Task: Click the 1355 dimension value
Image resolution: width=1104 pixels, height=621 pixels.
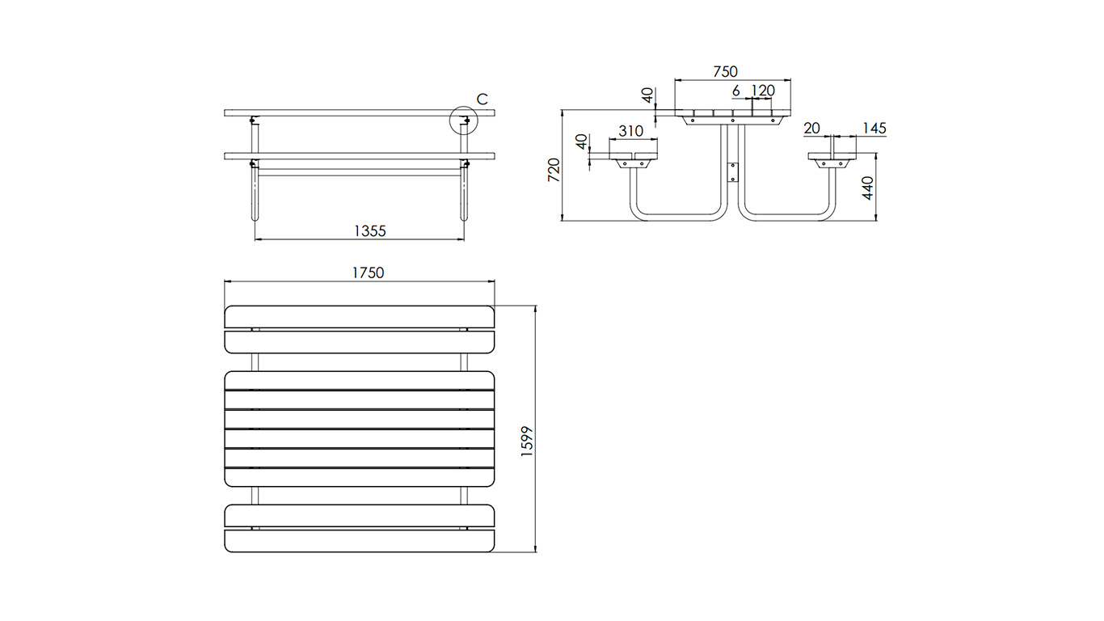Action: click(369, 230)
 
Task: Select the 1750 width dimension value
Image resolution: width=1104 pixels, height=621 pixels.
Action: click(367, 272)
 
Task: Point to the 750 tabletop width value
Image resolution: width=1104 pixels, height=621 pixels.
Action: click(725, 72)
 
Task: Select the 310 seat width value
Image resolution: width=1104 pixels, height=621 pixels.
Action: click(630, 131)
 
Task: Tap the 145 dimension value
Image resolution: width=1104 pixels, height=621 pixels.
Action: click(874, 129)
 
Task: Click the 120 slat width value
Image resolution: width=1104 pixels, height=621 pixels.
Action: click(763, 90)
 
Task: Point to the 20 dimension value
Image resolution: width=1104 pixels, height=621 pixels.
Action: click(811, 129)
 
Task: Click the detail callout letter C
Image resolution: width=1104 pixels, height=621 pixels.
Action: click(482, 99)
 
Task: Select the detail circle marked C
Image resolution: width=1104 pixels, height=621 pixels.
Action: click(464, 121)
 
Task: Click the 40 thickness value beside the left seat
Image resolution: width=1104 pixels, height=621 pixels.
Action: click(579, 142)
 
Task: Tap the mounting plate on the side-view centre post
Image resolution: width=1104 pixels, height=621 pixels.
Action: click(734, 171)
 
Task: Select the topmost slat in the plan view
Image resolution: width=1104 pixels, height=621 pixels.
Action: click(359, 316)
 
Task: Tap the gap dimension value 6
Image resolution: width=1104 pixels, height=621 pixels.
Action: click(736, 90)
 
